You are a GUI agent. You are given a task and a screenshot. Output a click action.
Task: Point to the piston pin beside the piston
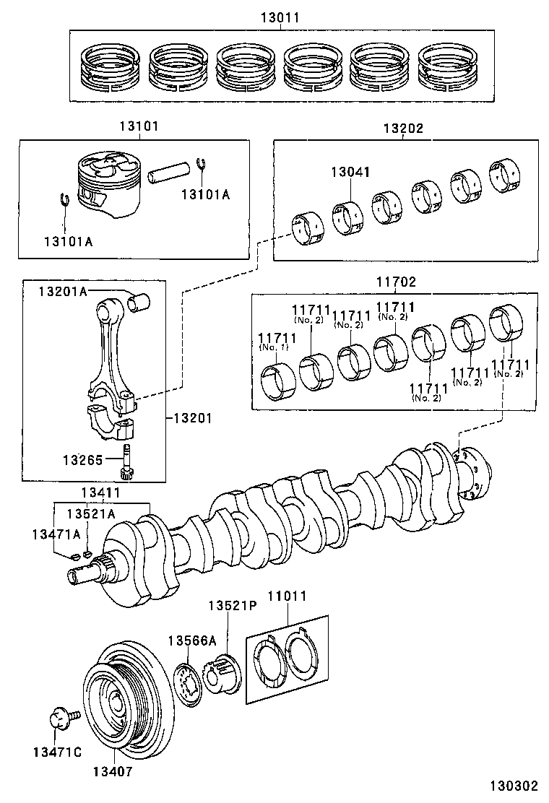[x=170, y=173]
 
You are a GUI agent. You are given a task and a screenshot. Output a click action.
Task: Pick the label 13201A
[x=62, y=290]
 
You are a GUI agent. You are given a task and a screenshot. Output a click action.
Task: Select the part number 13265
[x=82, y=459]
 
